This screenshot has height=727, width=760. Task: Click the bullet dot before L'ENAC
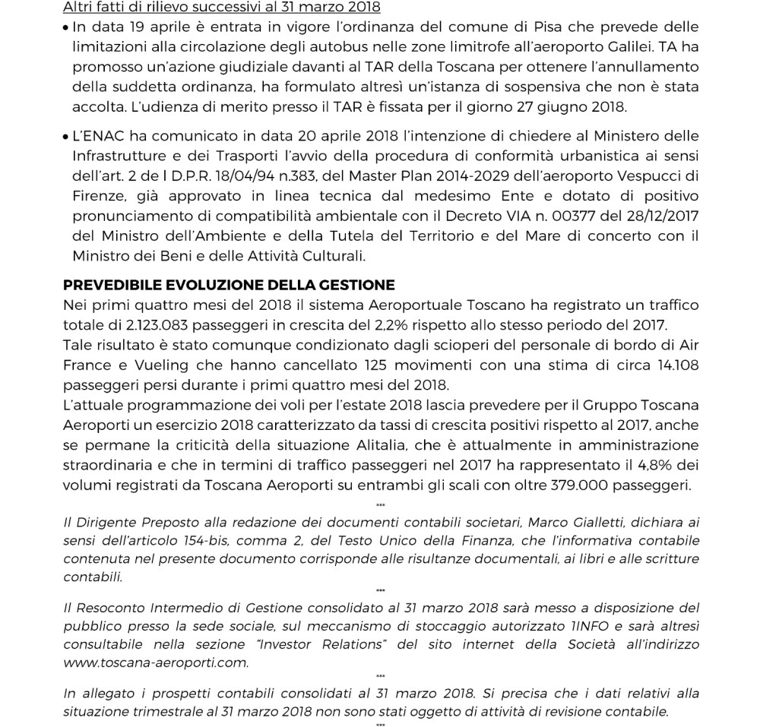coord(67,137)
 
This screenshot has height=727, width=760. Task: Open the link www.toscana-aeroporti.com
coord(156,662)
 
